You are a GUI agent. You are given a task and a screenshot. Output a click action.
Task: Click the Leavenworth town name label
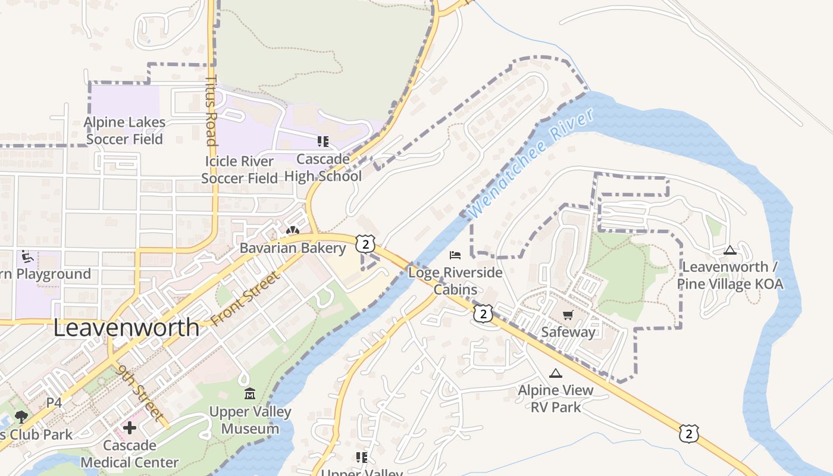click(x=126, y=328)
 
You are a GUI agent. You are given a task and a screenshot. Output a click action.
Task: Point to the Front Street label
click(x=245, y=299)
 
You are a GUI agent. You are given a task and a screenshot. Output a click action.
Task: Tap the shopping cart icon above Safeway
click(x=568, y=315)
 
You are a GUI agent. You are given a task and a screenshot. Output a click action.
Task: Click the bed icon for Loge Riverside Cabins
click(x=455, y=255)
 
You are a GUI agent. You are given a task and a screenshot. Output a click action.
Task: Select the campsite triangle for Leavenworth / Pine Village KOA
click(x=730, y=250)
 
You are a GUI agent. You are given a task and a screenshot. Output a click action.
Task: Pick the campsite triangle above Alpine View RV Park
click(x=555, y=373)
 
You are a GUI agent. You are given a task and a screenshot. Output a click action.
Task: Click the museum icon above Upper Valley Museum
click(x=250, y=394)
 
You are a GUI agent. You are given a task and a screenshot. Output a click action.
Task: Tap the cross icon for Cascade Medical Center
click(x=129, y=428)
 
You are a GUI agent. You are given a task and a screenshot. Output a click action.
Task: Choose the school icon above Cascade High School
click(x=322, y=142)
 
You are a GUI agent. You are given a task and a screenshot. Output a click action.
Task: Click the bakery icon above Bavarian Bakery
click(x=292, y=231)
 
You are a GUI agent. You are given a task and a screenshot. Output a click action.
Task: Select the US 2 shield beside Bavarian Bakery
click(x=366, y=243)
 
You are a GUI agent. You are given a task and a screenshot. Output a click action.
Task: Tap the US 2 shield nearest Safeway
click(x=483, y=314)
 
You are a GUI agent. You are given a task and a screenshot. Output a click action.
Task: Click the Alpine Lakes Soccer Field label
click(x=124, y=130)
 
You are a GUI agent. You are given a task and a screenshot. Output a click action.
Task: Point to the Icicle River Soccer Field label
click(x=239, y=170)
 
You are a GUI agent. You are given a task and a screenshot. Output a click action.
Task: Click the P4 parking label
click(x=54, y=403)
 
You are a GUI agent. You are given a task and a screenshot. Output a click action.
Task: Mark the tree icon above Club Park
click(x=21, y=416)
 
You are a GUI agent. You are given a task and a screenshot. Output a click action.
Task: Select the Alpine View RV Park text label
click(x=555, y=399)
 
